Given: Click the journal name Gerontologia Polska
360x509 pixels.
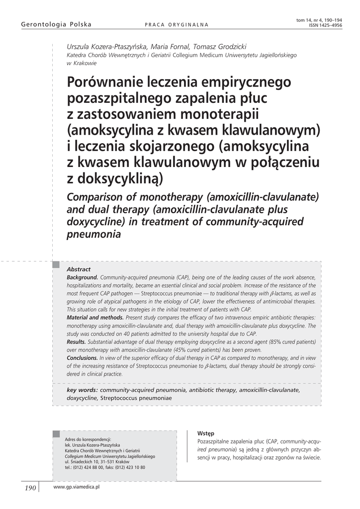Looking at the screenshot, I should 50,24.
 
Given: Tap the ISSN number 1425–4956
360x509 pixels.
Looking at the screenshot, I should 328,24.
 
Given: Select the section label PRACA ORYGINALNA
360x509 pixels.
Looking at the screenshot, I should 176,25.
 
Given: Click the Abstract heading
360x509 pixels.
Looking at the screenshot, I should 79,269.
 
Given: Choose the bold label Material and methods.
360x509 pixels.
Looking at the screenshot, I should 95,317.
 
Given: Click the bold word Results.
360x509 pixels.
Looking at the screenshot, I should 76,341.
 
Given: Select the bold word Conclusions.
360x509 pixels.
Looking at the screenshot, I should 82,357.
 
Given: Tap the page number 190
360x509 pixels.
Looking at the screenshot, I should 30,488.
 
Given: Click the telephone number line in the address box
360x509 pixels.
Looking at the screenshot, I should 105,467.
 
